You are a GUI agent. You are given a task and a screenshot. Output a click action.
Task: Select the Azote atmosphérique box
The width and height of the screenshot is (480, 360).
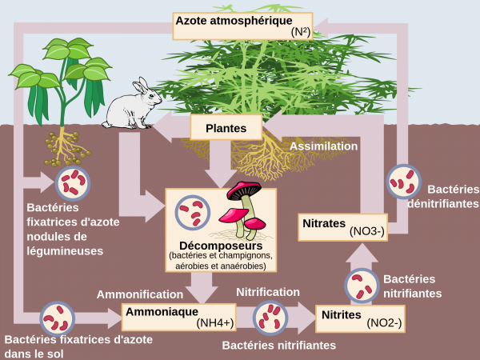click(x=243, y=25)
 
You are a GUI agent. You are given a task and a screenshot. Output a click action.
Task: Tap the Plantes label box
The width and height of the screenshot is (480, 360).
click(x=226, y=128)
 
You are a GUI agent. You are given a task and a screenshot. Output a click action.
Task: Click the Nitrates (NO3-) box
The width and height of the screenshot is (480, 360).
click(x=343, y=226)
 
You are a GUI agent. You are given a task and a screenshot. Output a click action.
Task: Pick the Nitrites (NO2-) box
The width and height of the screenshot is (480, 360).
click(x=358, y=318)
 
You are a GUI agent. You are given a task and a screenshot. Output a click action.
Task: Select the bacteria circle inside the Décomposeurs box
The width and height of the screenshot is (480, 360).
click(x=193, y=212)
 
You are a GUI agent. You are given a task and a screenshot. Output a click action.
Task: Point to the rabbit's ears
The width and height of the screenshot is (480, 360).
click(x=141, y=86)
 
